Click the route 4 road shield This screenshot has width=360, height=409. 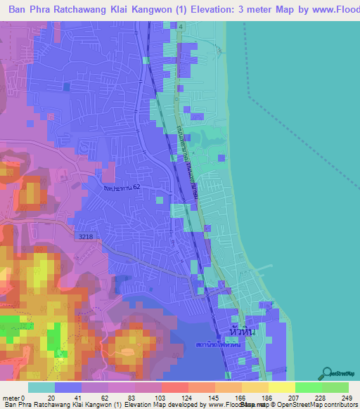pos(180,26)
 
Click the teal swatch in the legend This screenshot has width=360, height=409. pos(41,388)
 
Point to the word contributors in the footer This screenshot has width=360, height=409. pos(337,404)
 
